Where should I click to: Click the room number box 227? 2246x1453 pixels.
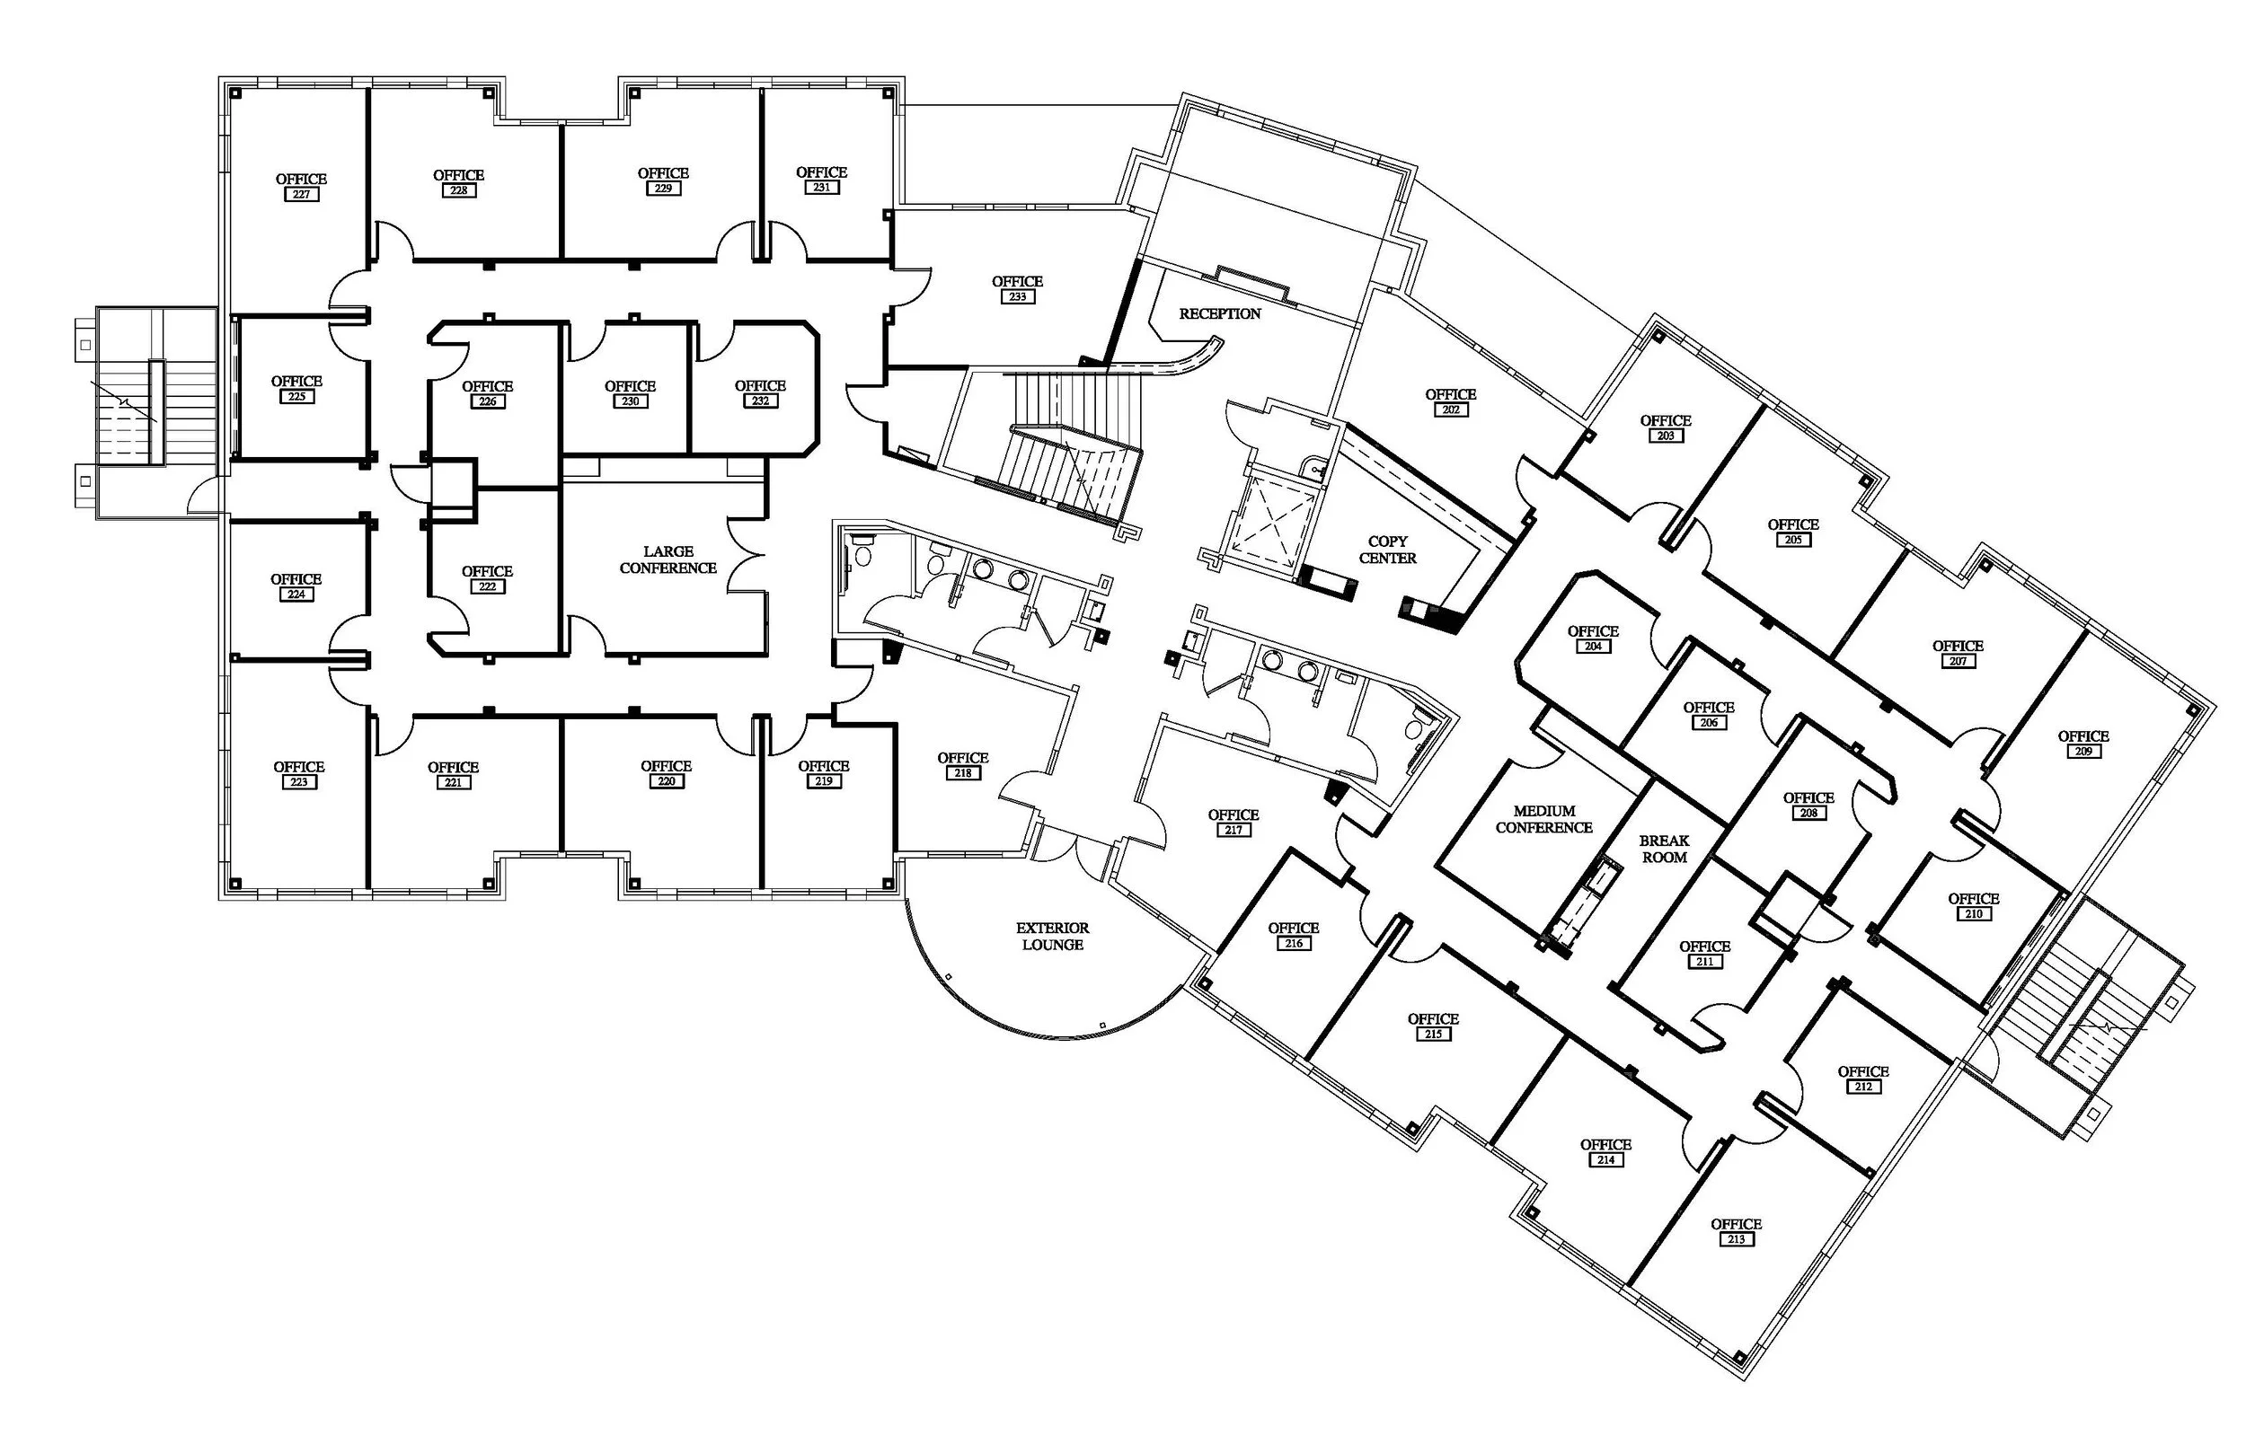[x=301, y=194]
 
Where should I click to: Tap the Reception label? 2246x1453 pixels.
[x=1219, y=313]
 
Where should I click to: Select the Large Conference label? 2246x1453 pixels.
[x=668, y=559]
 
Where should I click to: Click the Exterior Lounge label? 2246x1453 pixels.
[x=1052, y=937]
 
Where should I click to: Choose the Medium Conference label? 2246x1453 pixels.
[x=1543, y=819]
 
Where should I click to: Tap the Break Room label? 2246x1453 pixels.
[x=1664, y=850]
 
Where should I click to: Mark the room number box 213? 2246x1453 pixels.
[x=1737, y=1240]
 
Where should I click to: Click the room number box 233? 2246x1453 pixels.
[x=1017, y=296]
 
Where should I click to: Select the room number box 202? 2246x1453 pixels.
[x=1450, y=409]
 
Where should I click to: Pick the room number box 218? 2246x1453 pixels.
[x=962, y=772]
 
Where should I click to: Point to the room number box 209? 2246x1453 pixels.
[x=2083, y=751]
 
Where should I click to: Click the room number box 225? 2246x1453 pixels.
[x=296, y=396]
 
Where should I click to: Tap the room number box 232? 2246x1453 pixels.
[x=761, y=401]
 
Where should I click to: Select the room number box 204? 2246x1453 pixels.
[x=1593, y=647]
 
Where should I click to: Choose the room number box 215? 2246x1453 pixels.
[x=1434, y=1035]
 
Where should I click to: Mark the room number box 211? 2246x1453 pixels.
[x=1705, y=962]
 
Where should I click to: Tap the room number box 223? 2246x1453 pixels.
[x=299, y=782]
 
